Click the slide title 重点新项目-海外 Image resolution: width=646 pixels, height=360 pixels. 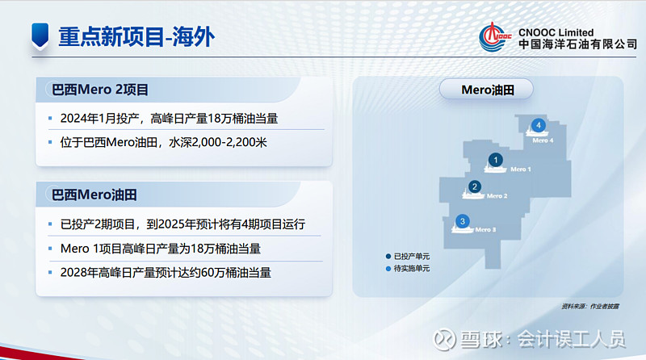pyautogui.click(x=136, y=36)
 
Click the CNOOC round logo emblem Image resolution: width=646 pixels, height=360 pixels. pyautogui.click(x=496, y=36)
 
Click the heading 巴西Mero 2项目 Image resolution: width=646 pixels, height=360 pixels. pyautogui.click(x=100, y=90)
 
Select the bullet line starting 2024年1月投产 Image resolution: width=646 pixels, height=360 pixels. pyautogui.click(x=174, y=119)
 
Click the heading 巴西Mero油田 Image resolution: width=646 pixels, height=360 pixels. pyautogui.click(x=94, y=194)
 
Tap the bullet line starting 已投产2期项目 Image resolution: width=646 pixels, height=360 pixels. pyautogui.click(x=182, y=224)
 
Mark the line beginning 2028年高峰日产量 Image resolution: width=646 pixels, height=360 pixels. pyautogui.click(x=166, y=273)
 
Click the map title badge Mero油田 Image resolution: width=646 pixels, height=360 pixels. pyautogui.click(x=487, y=90)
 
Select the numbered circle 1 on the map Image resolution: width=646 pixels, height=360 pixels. pyautogui.click(x=496, y=160)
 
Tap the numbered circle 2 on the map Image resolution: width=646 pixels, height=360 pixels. pyautogui.click(x=475, y=187)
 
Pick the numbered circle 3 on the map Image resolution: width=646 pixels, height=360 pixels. pyautogui.click(x=462, y=221)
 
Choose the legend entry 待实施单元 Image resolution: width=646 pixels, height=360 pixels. pyautogui.click(x=411, y=268)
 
